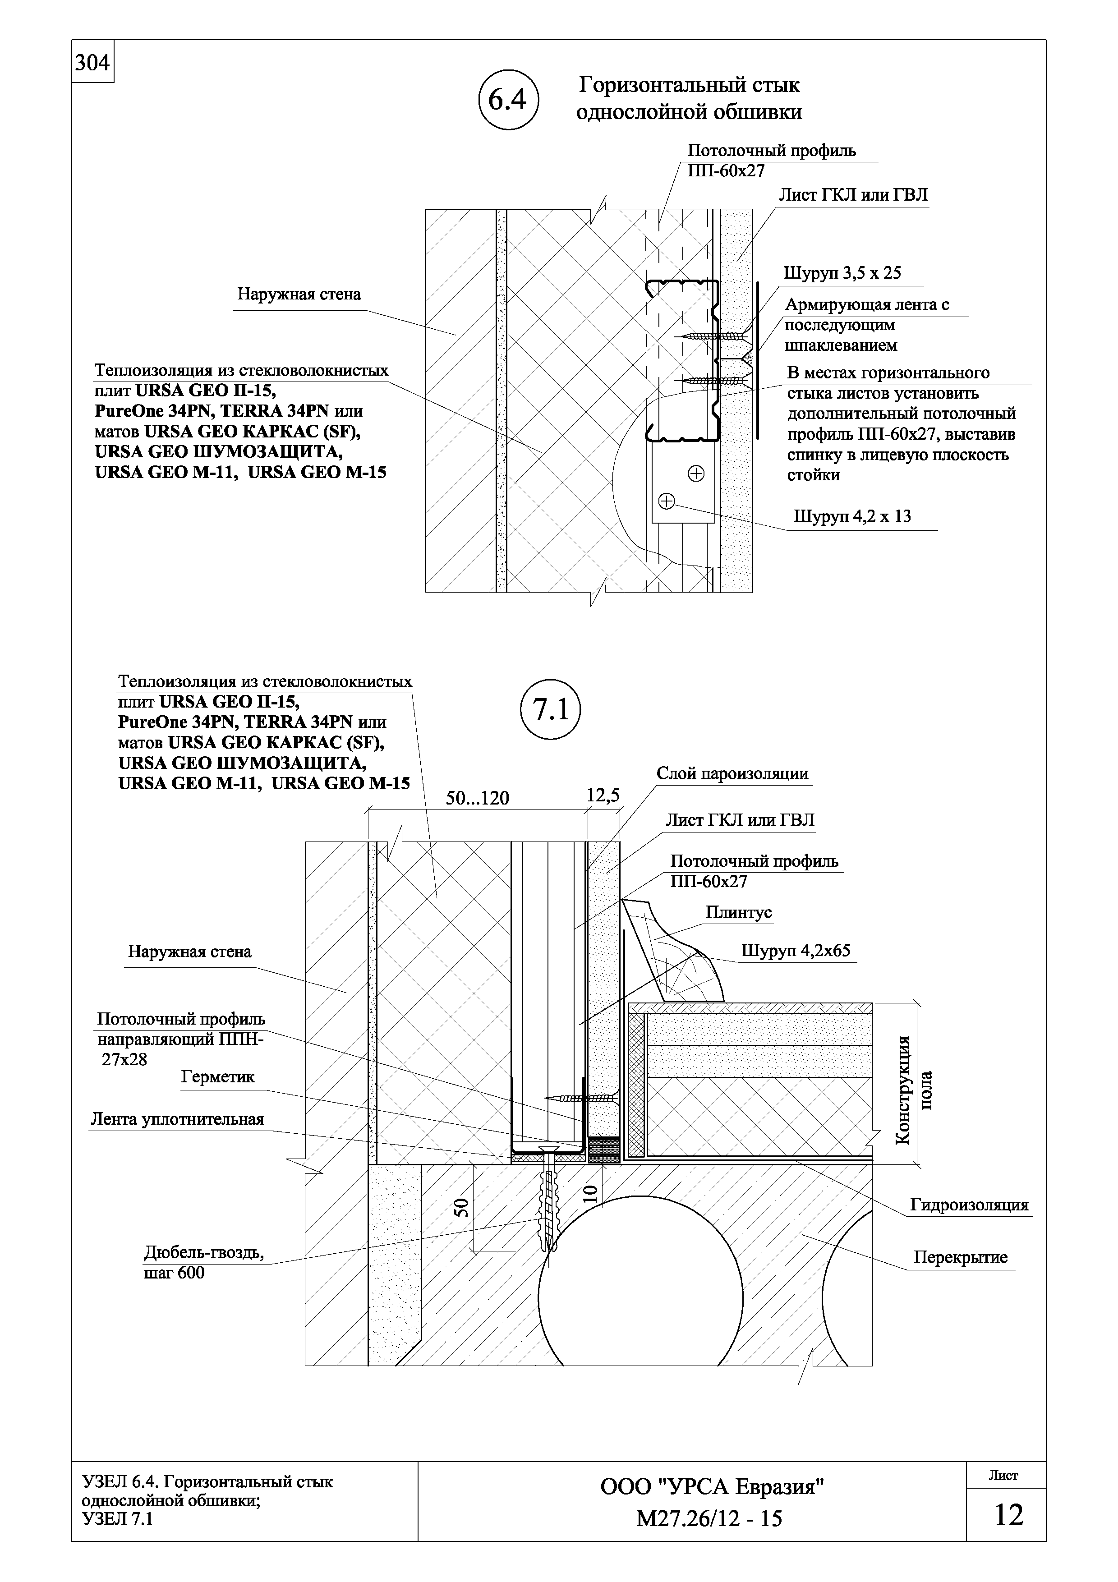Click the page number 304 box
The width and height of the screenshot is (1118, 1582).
coord(92,63)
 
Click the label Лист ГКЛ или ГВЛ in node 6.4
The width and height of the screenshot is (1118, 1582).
coord(853,195)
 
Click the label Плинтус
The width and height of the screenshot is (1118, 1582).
coord(738,912)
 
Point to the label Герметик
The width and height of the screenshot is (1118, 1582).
coord(218,1076)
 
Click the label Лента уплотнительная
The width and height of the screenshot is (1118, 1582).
coord(177,1119)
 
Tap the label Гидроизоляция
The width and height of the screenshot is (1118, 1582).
coord(969,1205)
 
